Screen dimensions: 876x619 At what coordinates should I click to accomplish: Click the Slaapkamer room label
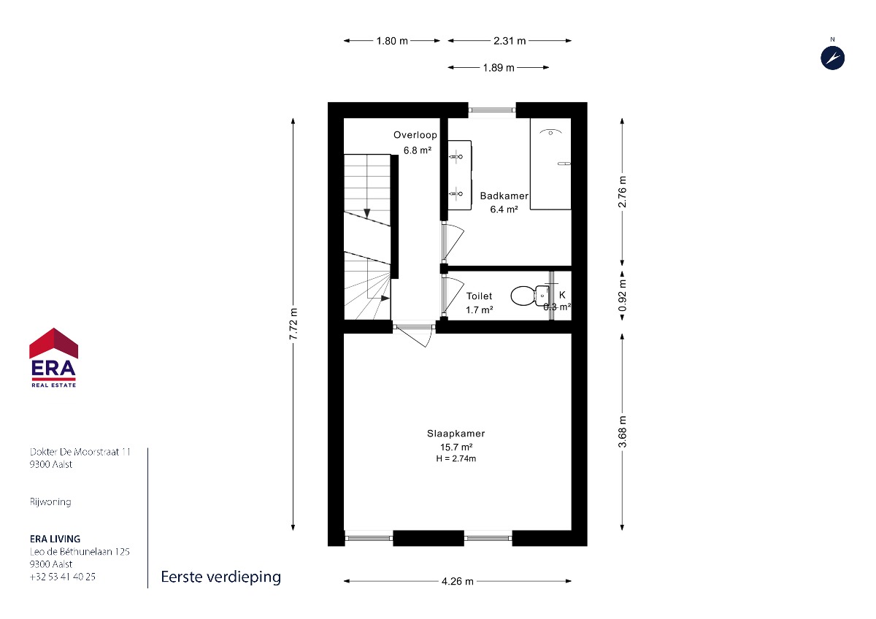tap(456, 434)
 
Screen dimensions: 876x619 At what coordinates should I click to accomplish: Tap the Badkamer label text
tap(504, 196)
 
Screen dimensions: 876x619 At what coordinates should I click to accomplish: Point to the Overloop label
tap(415, 135)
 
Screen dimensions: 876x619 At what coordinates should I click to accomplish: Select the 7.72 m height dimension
tap(293, 324)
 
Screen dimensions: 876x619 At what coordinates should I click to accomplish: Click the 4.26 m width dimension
tap(458, 582)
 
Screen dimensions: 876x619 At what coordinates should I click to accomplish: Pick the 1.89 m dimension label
tap(498, 68)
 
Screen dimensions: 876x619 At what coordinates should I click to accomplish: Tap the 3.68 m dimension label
tap(622, 431)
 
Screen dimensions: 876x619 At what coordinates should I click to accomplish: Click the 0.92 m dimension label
tap(622, 295)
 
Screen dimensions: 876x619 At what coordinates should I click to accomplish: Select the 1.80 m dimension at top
tap(392, 41)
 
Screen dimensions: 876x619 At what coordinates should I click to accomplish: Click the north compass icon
tap(832, 58)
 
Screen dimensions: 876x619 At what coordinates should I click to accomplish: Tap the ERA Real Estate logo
tap(53, 358)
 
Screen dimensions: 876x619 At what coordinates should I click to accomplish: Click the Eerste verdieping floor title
tap(221, 577)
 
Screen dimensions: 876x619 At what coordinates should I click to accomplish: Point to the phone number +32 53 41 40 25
tap(63, 577)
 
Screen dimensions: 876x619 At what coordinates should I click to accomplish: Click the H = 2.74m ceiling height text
tap(456, 458)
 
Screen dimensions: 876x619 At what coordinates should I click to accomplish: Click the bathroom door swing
tap(453, 242)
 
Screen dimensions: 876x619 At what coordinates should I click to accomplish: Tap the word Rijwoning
tap(50, 501)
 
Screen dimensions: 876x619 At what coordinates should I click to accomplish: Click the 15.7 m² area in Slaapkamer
tap(456, 447)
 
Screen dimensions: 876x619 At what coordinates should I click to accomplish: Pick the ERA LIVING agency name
tap(55, 539)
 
